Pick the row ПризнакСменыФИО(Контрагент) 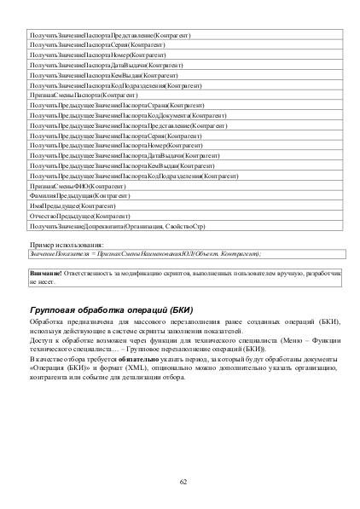78,184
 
